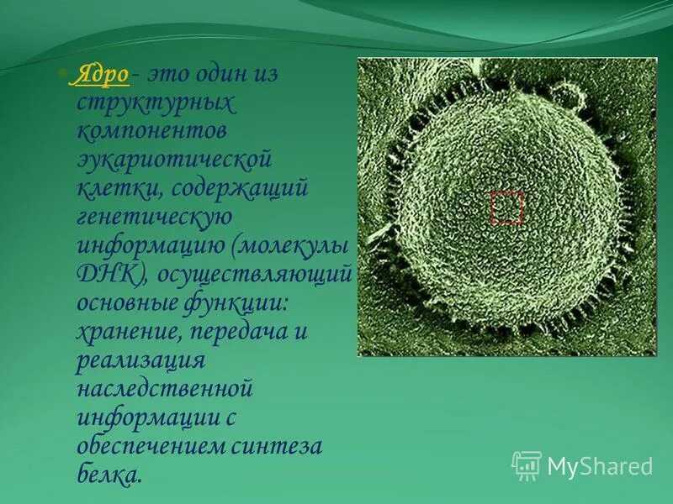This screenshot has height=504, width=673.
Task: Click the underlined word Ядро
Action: pyautogui.click(x=102, y=75)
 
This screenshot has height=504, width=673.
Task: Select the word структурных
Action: pyautogui.click(x=156, y=104)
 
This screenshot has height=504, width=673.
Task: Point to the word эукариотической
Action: pyautogui.click(x=175, y=160)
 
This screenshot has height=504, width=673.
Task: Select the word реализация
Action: pyautogui.click(x=140, y=360)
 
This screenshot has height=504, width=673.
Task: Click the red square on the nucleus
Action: pyautogui.click(x=506, y=207)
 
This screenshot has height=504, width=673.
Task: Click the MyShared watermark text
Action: pyautogui.click(x=600, y=466)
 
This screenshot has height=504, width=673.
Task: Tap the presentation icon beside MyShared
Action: pyautogui.click(x=527, y=465)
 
